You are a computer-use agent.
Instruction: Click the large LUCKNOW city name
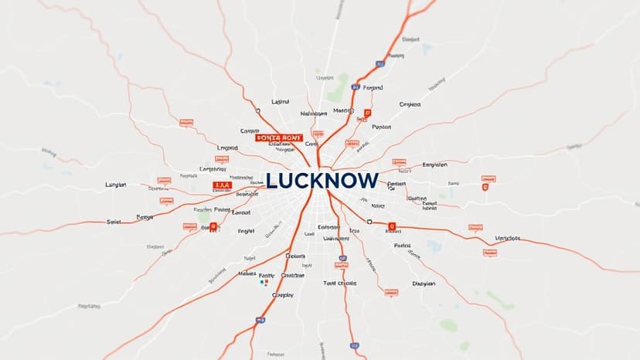(322, 181)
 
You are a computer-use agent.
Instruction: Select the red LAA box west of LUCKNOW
(221, 186)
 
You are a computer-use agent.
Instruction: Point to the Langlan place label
(115, 185)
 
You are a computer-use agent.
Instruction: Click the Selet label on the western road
(114, 221)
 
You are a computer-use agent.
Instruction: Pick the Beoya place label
(145, 218)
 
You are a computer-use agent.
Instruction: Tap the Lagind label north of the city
(281, 101)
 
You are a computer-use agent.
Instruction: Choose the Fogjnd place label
(373, 89)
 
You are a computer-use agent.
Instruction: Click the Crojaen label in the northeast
(409, 104)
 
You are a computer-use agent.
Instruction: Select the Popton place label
(381, 127)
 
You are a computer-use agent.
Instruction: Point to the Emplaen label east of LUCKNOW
(434, 165)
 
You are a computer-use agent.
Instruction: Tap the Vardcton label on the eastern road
(509, 238)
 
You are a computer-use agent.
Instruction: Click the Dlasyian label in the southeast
(424, 284)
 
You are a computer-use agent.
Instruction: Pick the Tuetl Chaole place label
(340, 284)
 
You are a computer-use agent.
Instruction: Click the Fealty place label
(267, 275)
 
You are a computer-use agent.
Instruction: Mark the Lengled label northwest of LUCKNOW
(227, 147)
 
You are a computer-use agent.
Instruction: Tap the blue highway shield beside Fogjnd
(355, 88)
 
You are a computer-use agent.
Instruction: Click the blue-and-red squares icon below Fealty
(264, 284)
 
